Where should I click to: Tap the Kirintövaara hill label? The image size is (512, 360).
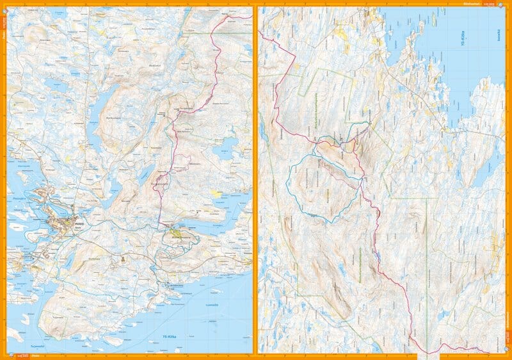tap(180, 235)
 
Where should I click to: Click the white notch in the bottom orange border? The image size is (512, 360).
tap(428, 354)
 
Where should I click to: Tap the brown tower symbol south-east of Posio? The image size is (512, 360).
tap(120, 259)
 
